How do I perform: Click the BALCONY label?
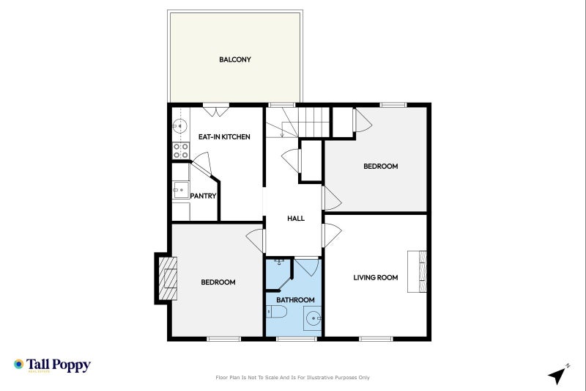tap(234, 59)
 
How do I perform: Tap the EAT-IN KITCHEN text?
tap(224, 137)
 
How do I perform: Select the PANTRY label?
tap(204, 196)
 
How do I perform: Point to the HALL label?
tap(296, 219)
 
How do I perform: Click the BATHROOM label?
tap(295, 300)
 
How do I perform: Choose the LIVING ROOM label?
tap(376, 277)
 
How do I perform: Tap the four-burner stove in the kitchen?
tap(181, 150)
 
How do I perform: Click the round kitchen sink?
tap(179, 126)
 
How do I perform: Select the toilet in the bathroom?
tap(277, 311)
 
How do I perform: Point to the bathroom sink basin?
tap(313, 318)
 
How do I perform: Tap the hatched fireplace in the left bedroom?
tap(168, 278)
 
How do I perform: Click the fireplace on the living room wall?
tap(417, 271)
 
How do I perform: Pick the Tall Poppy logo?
tap(52, 365)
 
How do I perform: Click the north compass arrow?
tap(558, 374)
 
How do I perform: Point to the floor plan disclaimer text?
tap(292, 378)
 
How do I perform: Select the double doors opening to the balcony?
tap(216, 111)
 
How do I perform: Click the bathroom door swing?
tap(306, 266)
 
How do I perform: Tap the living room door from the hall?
tap(332, 235)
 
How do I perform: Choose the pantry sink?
tap(181, 190)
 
